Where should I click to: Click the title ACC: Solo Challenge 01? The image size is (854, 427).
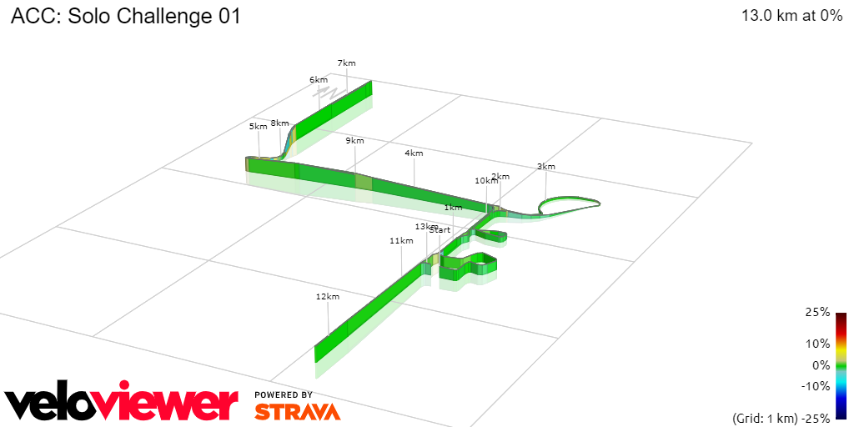coord(126,17)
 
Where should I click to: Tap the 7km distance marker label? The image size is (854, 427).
coord(347,63)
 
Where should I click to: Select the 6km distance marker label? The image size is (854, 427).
coord(319,79)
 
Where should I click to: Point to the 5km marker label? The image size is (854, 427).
coord(259,126)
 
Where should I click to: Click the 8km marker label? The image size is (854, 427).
coord(280,123)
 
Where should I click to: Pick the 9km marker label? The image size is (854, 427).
coord(355,140)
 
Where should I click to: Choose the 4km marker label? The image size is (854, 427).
coord(414,153)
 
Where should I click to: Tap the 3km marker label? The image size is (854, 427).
coord(545,166)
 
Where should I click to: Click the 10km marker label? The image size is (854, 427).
coord(485,180)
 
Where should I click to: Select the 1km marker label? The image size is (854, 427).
coord(453,207)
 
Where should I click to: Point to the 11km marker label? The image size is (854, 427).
coord(401,240)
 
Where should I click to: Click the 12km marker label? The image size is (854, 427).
coord(328,296)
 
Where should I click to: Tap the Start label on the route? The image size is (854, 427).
coord(440,229)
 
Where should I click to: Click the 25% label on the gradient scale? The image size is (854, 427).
coord(818,312)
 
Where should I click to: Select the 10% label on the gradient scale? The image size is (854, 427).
coord(818,343)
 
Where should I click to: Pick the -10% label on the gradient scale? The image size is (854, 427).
coord(816,385)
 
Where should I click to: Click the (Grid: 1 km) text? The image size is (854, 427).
coord(765,417)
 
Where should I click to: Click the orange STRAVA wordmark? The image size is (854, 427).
coord(297,411)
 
